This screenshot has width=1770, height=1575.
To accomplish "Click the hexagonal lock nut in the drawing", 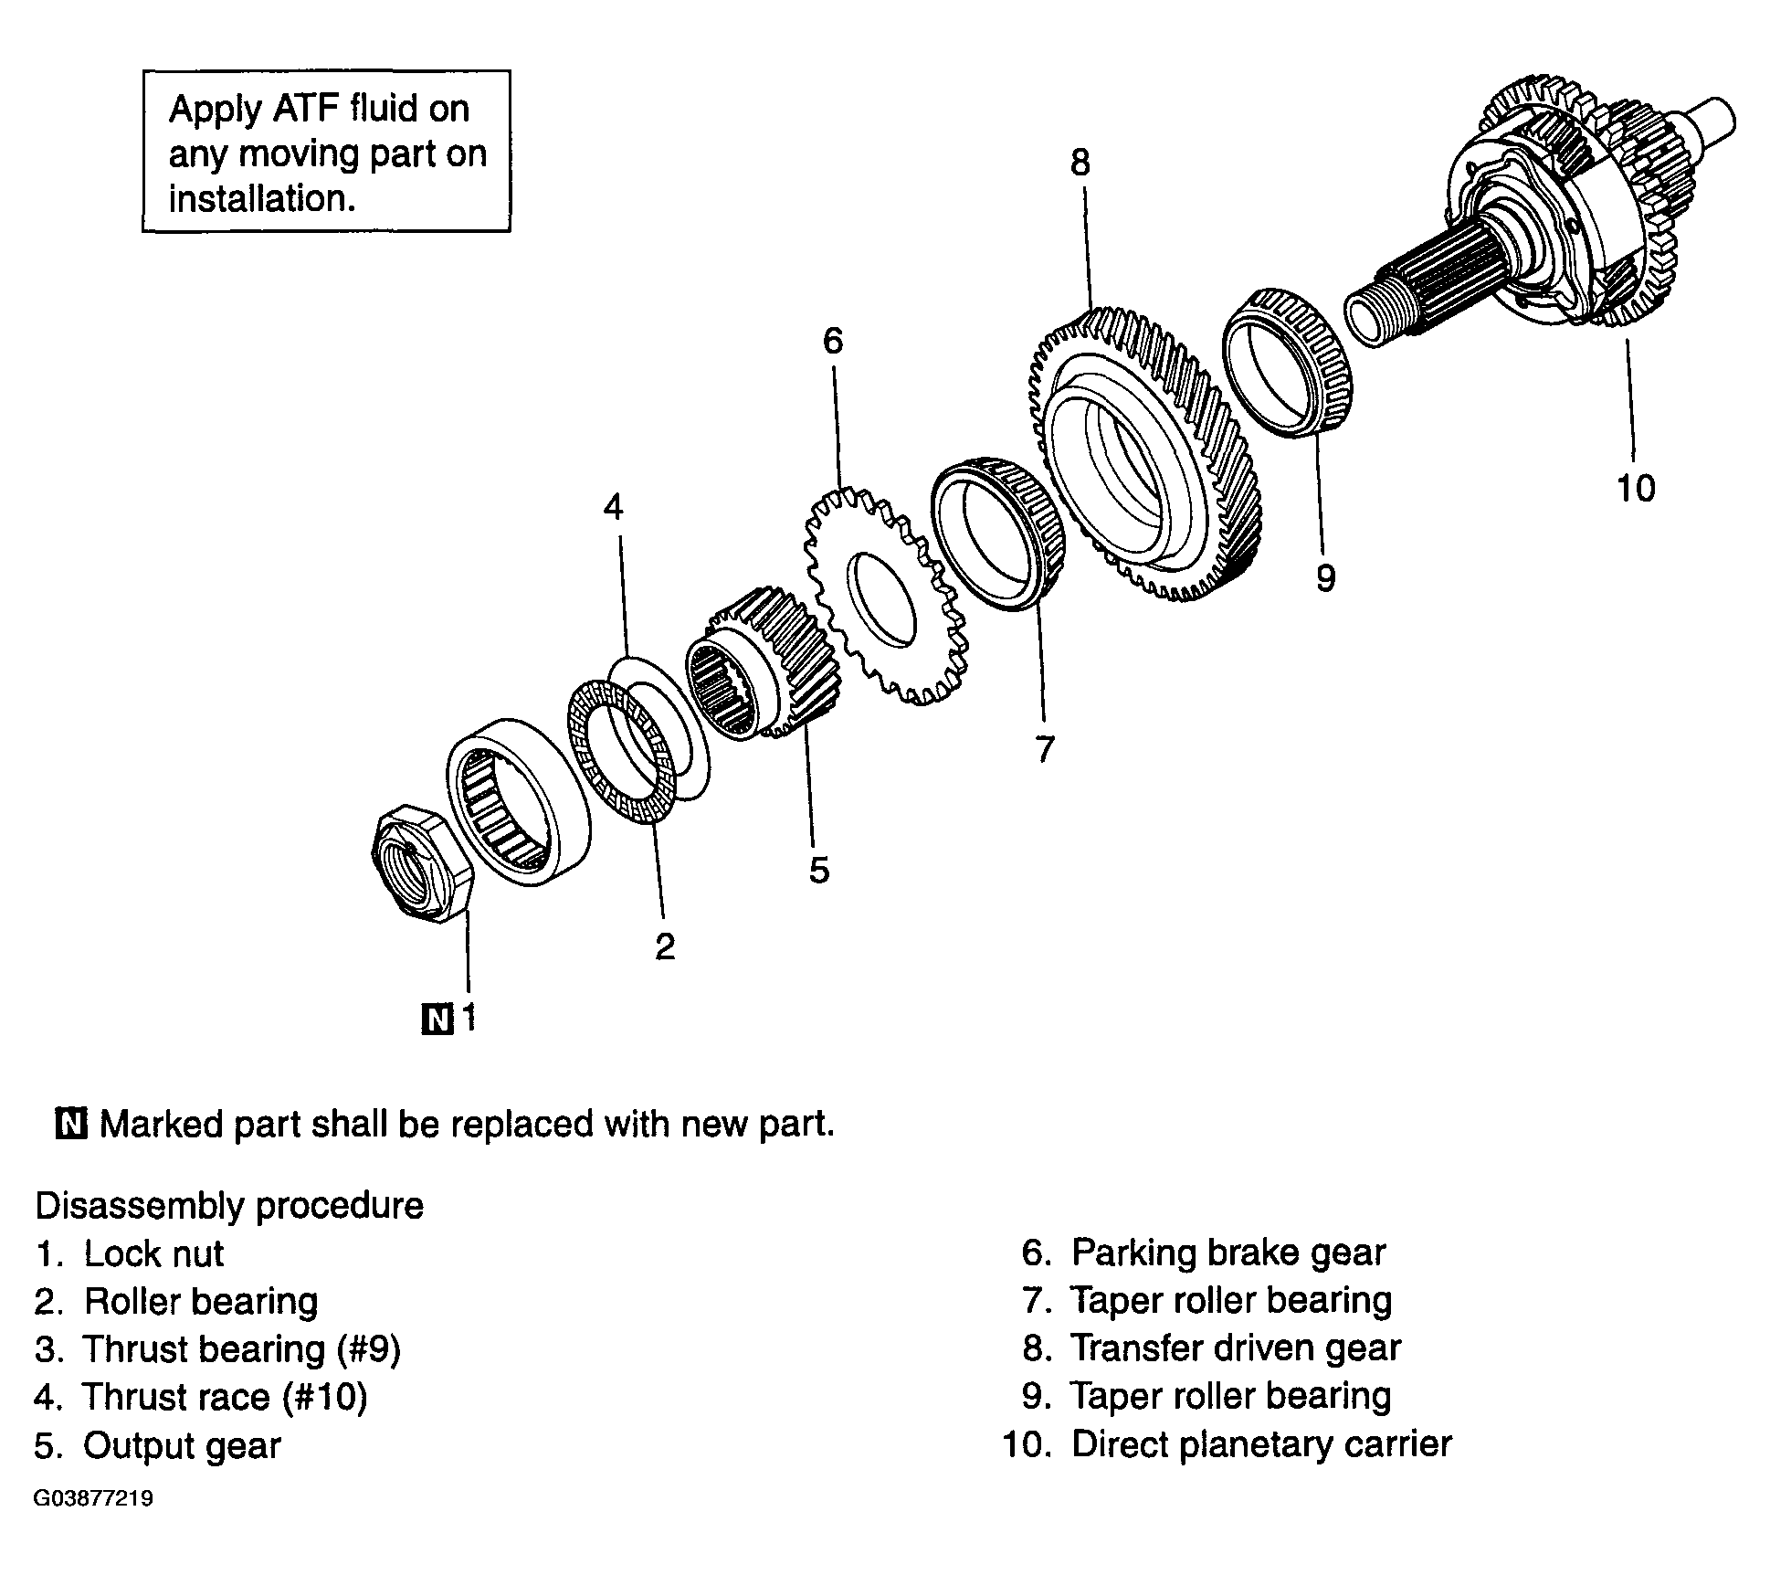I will pos(422,864).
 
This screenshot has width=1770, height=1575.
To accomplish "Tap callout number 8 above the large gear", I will pos(1080,164).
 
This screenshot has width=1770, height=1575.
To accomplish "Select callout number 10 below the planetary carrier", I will pos(1636,489).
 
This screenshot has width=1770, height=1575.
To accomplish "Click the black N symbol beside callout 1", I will pos(437,1019).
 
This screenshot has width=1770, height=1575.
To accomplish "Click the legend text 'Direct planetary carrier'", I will pos(1260,1444).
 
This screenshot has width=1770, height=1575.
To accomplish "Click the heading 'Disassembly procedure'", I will pos(229,1205).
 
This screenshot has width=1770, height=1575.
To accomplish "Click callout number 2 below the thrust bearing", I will pos(665,946).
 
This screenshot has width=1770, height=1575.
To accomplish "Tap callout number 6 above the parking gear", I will pos(833,342).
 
